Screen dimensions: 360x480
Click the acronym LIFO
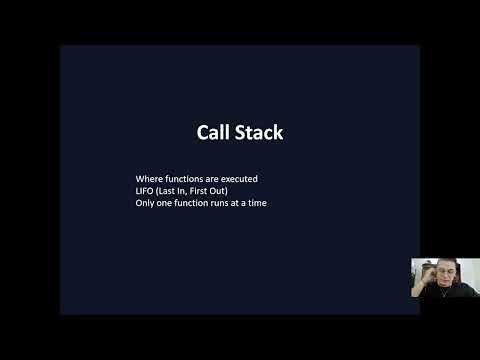pos(145,191)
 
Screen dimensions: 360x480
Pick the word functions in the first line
pos(189,178)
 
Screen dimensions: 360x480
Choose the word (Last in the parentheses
pos(172,191)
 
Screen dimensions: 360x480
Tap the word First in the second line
pos(212,191)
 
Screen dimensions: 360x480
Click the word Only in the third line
pos(146,204)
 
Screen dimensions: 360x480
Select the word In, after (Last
pos(193,191)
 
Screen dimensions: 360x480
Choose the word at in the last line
pos(249,204)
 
